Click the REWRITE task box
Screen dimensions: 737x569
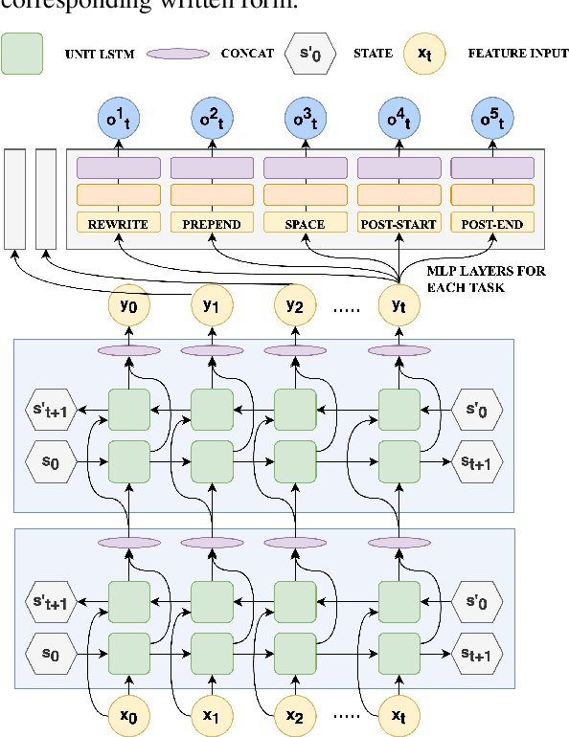pos(118,224)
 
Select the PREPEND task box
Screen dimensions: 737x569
pos(212,224)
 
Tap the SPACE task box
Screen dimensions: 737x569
pos(305,224)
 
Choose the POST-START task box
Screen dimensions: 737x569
pos(398,224)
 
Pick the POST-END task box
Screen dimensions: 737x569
pos(491,224)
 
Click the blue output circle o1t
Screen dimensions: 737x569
pos(118,119)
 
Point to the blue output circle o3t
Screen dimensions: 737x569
pos(305,119)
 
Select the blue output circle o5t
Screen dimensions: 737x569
pos(491,119)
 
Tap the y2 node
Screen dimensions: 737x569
pos(294,306)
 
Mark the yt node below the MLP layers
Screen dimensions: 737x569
pos(398,306)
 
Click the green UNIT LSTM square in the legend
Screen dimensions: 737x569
pos(22,54)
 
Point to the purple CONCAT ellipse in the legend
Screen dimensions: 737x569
pos(177,54)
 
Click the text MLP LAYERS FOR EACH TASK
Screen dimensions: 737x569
pos(485,279)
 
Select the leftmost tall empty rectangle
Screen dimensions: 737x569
pos(15,198)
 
